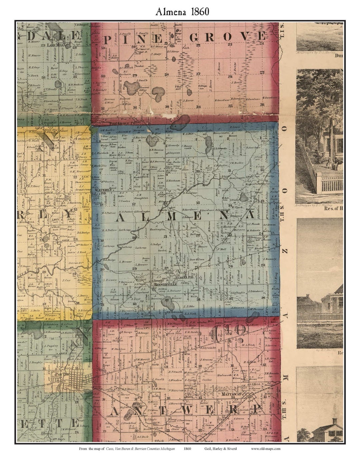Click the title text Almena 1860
[182, 11]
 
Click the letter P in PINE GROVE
[107, 40]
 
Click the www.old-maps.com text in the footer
[266, 449]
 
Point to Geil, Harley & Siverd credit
[221, 449]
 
